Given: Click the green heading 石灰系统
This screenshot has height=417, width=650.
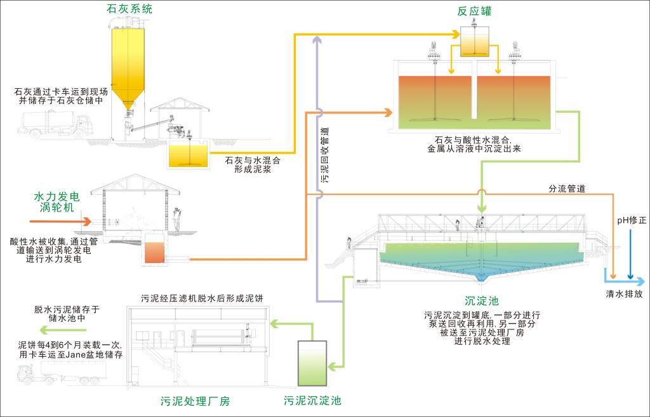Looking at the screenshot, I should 129,9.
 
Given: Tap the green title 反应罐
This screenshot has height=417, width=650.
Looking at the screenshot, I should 474,11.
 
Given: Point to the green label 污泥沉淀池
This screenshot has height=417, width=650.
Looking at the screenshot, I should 312,400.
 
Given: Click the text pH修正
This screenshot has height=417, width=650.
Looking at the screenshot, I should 632,220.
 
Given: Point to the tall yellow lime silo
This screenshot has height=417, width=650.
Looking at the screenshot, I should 127,63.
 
